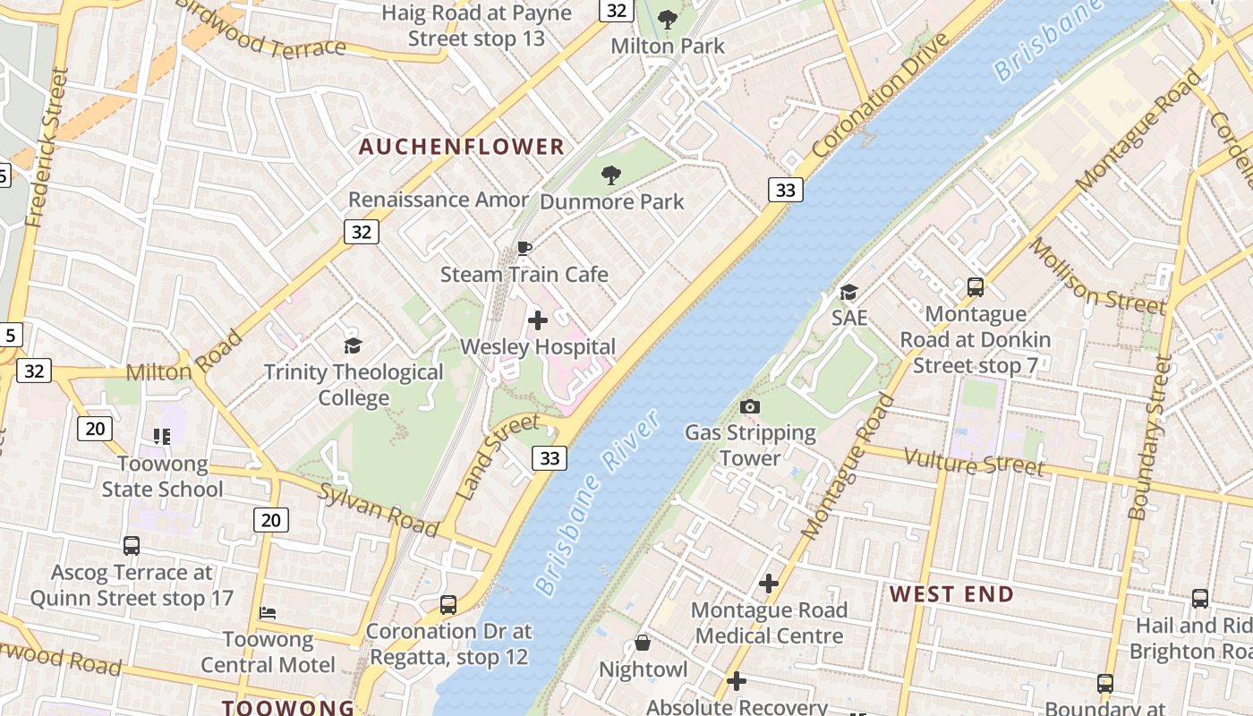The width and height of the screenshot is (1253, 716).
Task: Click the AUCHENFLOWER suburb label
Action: tap(462, 147)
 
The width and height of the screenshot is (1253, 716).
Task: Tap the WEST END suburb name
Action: tap(951, 594)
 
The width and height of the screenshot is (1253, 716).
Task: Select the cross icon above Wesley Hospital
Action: tap(538, 320)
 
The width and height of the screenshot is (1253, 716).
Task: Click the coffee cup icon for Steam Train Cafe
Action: tap(524, 248)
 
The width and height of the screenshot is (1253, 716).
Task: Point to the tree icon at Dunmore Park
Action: tap(611, 175)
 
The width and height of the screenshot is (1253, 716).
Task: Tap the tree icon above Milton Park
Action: tap(668, 20)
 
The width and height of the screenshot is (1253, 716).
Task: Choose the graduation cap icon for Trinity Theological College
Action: tap(354, 345)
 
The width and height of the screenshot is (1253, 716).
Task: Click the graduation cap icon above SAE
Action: tap(848, 292)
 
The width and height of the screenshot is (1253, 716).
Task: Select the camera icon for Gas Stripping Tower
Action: tap(750, 407)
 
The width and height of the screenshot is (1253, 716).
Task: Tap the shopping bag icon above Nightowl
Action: tap(643, 643)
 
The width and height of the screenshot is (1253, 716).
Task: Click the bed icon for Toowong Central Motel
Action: tap(268, 613)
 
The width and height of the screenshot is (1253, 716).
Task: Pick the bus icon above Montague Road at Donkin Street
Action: tap(976, 287)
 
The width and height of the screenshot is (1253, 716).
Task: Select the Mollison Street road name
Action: tap(1096, 277)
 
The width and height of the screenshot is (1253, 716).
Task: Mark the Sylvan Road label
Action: tap(379, 510)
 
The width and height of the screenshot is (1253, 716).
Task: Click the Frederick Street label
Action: tap(47, 148)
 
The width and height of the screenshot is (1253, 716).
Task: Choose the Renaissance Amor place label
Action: tap(439, 200)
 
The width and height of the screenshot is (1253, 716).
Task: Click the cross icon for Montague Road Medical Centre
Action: tap(769, 584)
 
